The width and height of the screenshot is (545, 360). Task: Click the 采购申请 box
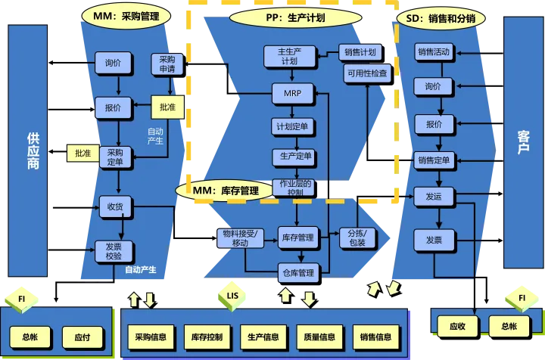tap(167, 64)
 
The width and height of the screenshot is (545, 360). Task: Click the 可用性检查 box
tap(367, 74)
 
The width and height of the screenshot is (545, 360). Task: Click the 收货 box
tap(114, 206)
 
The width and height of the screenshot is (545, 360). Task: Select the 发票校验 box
tap(114, 251)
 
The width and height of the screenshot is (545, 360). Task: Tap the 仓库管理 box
tap(297, 272)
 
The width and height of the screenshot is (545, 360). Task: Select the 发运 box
tap(434, 196)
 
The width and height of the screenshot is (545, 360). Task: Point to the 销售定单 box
tap(434, 160)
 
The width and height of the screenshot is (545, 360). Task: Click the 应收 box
tap(457, 327)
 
